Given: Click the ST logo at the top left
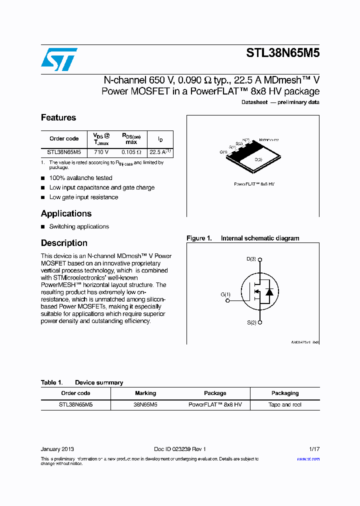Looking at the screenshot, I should pyautogui.click(x=59, y=59).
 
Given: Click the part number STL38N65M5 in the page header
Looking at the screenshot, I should pyautogui.click(x=282, y=53).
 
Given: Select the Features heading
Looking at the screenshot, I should pyautogui.click(x=58, y=117).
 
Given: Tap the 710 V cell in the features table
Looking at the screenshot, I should pyautogui.click(x=101, y=152).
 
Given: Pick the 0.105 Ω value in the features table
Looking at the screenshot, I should pyautogui.click(x=131, y=152).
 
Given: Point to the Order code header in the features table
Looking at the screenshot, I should pyautogui.click(x=64, y=138).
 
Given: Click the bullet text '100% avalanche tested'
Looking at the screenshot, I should pyautogui.click(x=80, y=178).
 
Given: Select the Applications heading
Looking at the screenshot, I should pyautogui.click(x=66, y=213).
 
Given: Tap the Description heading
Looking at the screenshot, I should pyautogui.click(x=64, y=243).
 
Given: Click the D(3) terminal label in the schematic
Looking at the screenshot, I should pyautogui.click(x=251, y=259).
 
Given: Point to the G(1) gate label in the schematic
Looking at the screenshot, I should pyautogui.click(x=225, y=294).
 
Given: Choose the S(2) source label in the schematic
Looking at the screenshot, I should pyautogui.click(x=251, y=322).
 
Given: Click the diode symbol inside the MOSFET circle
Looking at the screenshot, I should pyautogui.click(x=269, y=291).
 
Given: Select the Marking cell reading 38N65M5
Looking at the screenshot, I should pyautogui.click(x=145, y=405).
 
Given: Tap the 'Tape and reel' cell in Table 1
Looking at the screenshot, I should pyautogui.click(x=285, y=405).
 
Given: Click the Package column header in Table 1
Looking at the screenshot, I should pyautogui.click(x=215, y=393).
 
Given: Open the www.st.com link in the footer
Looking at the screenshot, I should pyautogui.click(x=308, y=459).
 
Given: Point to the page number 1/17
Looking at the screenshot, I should pyautogui.click(x=313, y=449).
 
